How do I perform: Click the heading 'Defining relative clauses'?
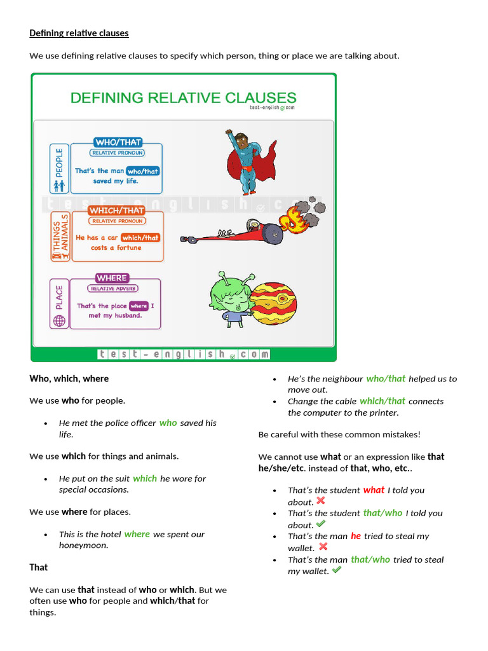[79, 33]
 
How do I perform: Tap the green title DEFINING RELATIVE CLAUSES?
[183, 98]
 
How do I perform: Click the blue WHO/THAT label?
[118, 142]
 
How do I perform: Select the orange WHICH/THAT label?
[116, 210]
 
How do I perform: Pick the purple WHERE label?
[112, 278]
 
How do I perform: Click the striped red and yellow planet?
[273, 303]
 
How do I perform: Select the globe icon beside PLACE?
[59, 321]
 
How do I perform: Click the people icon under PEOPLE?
[59, 186]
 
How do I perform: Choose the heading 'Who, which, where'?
[69, 379]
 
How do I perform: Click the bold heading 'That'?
[39, 567]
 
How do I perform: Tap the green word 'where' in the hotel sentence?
[137, 534]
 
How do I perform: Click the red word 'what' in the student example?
[374, 490]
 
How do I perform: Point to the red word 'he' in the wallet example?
[356, 536]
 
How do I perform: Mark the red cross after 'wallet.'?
[323, 547]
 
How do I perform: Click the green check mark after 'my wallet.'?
[337, 570]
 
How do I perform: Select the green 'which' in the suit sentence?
[145, 479]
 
